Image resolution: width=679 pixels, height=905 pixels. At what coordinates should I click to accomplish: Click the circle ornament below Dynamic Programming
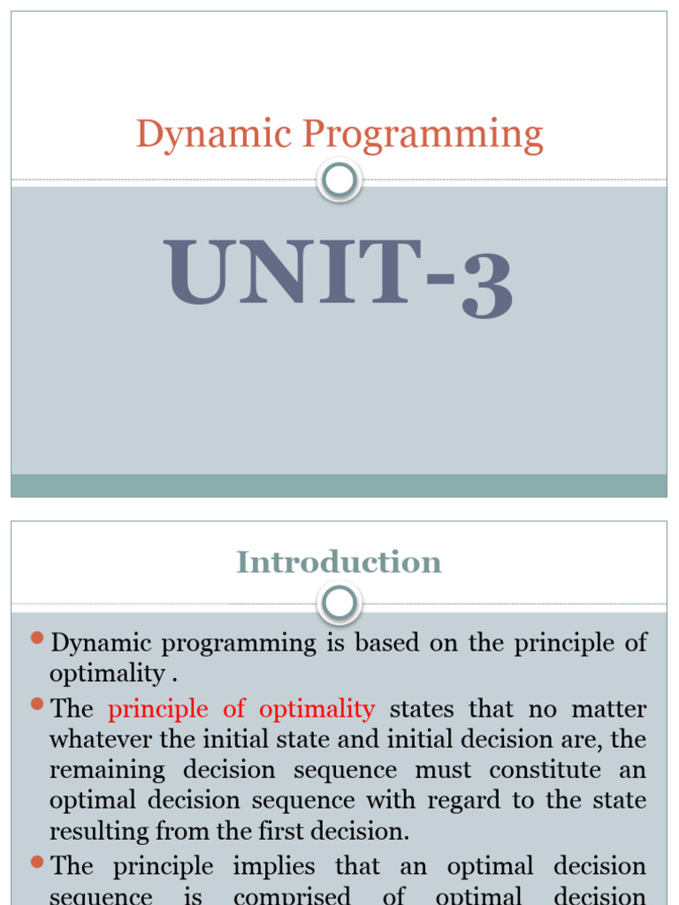coord(339,181)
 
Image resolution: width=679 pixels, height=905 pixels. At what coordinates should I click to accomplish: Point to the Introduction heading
coord(339,562)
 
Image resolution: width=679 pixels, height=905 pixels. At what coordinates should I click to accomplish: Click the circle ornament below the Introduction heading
coord(339,605)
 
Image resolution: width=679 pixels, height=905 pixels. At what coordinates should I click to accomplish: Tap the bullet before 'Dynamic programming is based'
coord(37,638)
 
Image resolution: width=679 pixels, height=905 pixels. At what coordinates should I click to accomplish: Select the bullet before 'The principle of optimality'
coord(37,704)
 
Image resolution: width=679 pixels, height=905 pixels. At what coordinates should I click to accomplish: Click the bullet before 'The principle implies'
coord(37,861)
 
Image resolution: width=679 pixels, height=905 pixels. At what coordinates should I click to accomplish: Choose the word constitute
coord(545,770)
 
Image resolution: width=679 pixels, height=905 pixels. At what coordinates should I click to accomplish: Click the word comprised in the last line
coord(292,895)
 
